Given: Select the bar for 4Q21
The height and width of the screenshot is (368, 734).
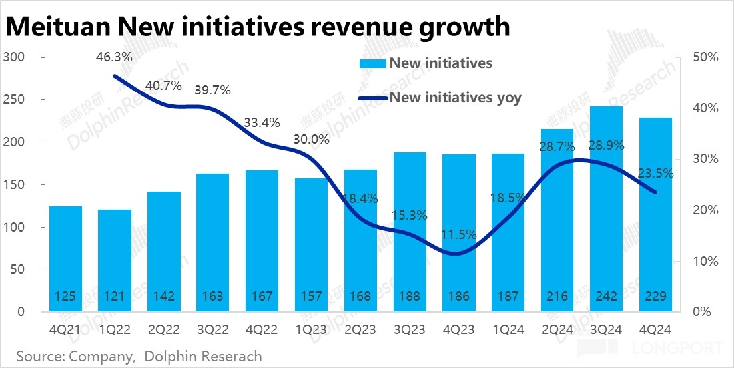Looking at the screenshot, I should (66, 259).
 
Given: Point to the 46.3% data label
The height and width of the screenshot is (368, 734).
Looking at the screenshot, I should (114, 57).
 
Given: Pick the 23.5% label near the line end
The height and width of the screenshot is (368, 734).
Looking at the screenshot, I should (655, 174).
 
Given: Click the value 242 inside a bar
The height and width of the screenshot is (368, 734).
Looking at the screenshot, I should (606, 296).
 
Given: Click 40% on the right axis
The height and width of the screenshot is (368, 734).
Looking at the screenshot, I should (705, 108).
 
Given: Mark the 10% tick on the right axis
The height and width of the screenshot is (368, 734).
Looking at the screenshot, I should (705, 261).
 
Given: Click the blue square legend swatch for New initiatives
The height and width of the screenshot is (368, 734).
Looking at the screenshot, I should (372, 64).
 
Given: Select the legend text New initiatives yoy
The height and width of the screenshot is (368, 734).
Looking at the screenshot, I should (455, 98).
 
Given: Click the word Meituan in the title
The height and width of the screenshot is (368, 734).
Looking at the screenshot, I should (58, 27).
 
